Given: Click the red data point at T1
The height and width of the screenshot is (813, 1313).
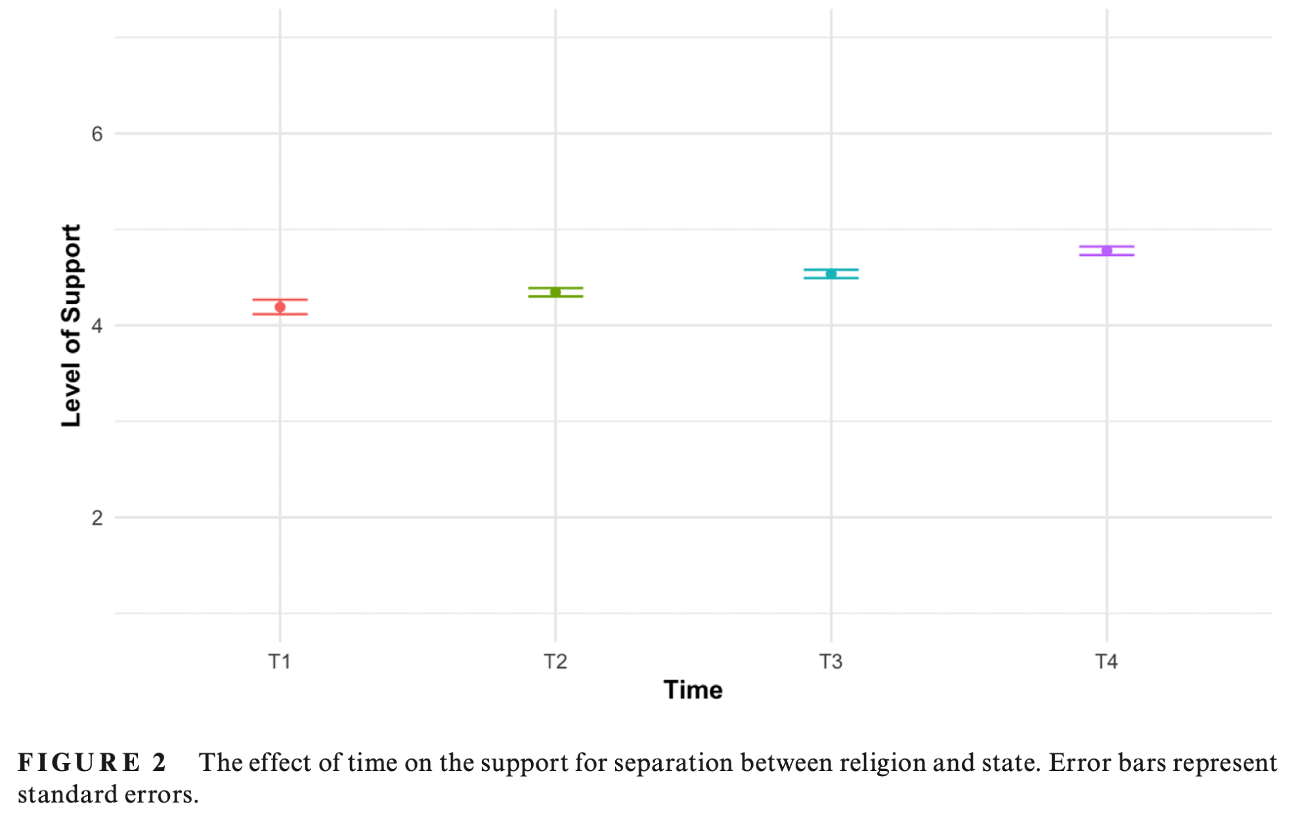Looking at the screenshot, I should pos(280,307).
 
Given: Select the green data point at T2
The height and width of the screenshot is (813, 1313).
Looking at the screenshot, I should pos(555,292).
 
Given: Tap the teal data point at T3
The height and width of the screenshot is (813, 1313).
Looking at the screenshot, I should pos(831,274).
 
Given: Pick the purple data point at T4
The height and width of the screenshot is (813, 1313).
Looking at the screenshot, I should pos(1107,251).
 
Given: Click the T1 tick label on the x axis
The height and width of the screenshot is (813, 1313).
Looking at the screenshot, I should pos(280,661).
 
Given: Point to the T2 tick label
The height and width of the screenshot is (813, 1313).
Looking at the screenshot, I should pos(555,661).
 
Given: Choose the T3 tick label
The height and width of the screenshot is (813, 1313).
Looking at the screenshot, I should pos(831,661).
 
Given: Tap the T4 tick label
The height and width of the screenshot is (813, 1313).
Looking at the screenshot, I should pos(1107,661).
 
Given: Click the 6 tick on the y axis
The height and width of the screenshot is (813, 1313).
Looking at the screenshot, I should pos(97,134).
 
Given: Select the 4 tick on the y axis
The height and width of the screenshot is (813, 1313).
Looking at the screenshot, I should pos(97,325).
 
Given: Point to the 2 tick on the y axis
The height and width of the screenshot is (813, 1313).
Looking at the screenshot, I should pos(97,518).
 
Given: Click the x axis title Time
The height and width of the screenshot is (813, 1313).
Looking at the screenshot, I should pos(693,690).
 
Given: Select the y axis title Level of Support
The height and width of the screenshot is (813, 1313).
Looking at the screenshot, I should pos(71,325).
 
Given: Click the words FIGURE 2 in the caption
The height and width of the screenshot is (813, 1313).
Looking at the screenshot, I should pos(92,762).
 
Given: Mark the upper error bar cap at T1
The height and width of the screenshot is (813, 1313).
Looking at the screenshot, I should pos(280,300).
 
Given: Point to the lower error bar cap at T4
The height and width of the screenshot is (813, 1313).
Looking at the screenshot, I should pos(1107,255).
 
